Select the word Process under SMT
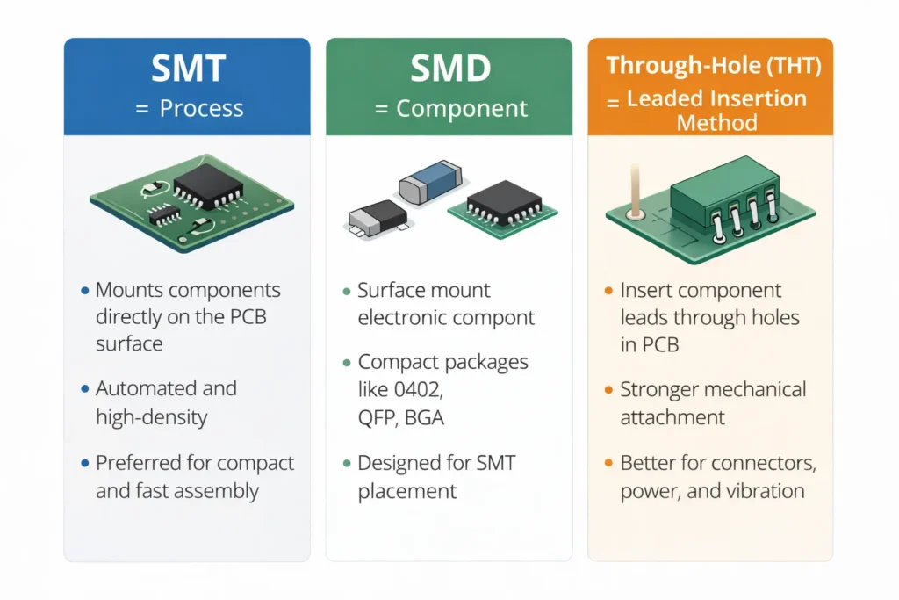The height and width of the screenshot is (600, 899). pyautogui.click(x=201, y=109)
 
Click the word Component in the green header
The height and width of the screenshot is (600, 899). pyautogui.click(x=462, y=109)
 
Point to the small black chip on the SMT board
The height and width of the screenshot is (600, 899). pyautogui.click(x=163, y=213)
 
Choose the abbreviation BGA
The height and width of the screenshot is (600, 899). pyautogui.click(x=424, y=418)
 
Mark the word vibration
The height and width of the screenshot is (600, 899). pyautogui.click(x=763, y=490)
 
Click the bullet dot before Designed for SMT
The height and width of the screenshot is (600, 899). pyautogui.click(x=346, y=463)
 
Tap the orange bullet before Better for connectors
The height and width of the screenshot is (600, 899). pyautogui.click(x=608, y=463)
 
